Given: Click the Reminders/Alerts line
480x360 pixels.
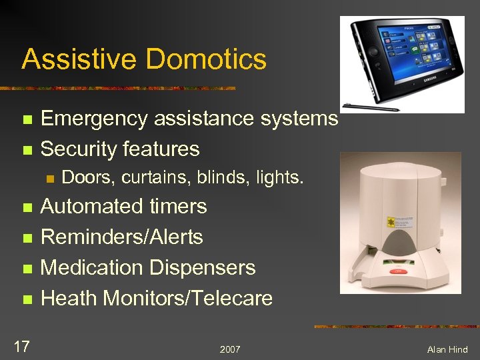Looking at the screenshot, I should point(122,237).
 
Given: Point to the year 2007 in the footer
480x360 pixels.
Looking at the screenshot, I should point(229,349).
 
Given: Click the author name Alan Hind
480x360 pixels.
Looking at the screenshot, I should point(447,349).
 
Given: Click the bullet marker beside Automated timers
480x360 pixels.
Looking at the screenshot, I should point(27,207).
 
